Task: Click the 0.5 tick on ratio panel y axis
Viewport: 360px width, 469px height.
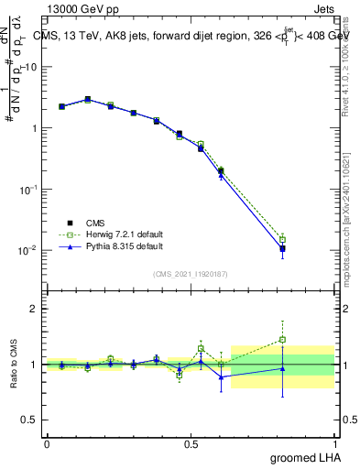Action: tap(30, 420)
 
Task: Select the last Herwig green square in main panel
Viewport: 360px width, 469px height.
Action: tap(282, 240)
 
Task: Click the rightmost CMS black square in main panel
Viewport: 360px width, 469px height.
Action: tap(282, 249)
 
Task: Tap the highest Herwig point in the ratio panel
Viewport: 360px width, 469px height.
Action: tap(282, 340)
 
